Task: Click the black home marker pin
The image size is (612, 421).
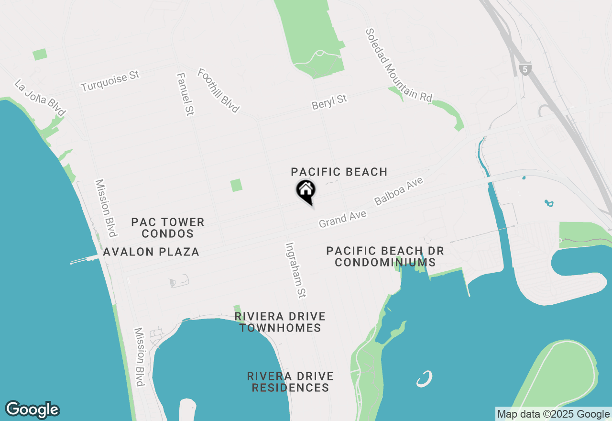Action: (x=306, y=190)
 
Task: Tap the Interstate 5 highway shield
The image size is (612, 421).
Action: (x=525, y=69)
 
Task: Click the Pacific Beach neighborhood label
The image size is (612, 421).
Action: (x=339, y=172)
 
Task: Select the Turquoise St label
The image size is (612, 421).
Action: (x=110, y=81)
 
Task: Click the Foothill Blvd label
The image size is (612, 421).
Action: (x=219, y=90)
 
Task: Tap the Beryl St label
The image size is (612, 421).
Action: (x=329, y=101)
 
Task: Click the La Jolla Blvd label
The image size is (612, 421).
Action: (x=40, y=98)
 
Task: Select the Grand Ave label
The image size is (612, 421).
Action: (x=342, y=219)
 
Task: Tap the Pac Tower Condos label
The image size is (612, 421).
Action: (x=168, y=228)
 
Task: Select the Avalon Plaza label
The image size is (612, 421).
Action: (x=151, y=252)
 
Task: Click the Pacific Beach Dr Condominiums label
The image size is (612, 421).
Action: (x=385, y=256)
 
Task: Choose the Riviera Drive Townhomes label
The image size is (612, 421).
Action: (x=280, y=322)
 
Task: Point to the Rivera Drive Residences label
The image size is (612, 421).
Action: (x=290, y=382)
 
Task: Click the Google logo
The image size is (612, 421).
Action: (x=33, y=410)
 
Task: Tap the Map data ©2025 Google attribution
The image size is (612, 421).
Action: (x=553, y=414)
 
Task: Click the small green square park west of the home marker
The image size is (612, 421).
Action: (x=236, y=185)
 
